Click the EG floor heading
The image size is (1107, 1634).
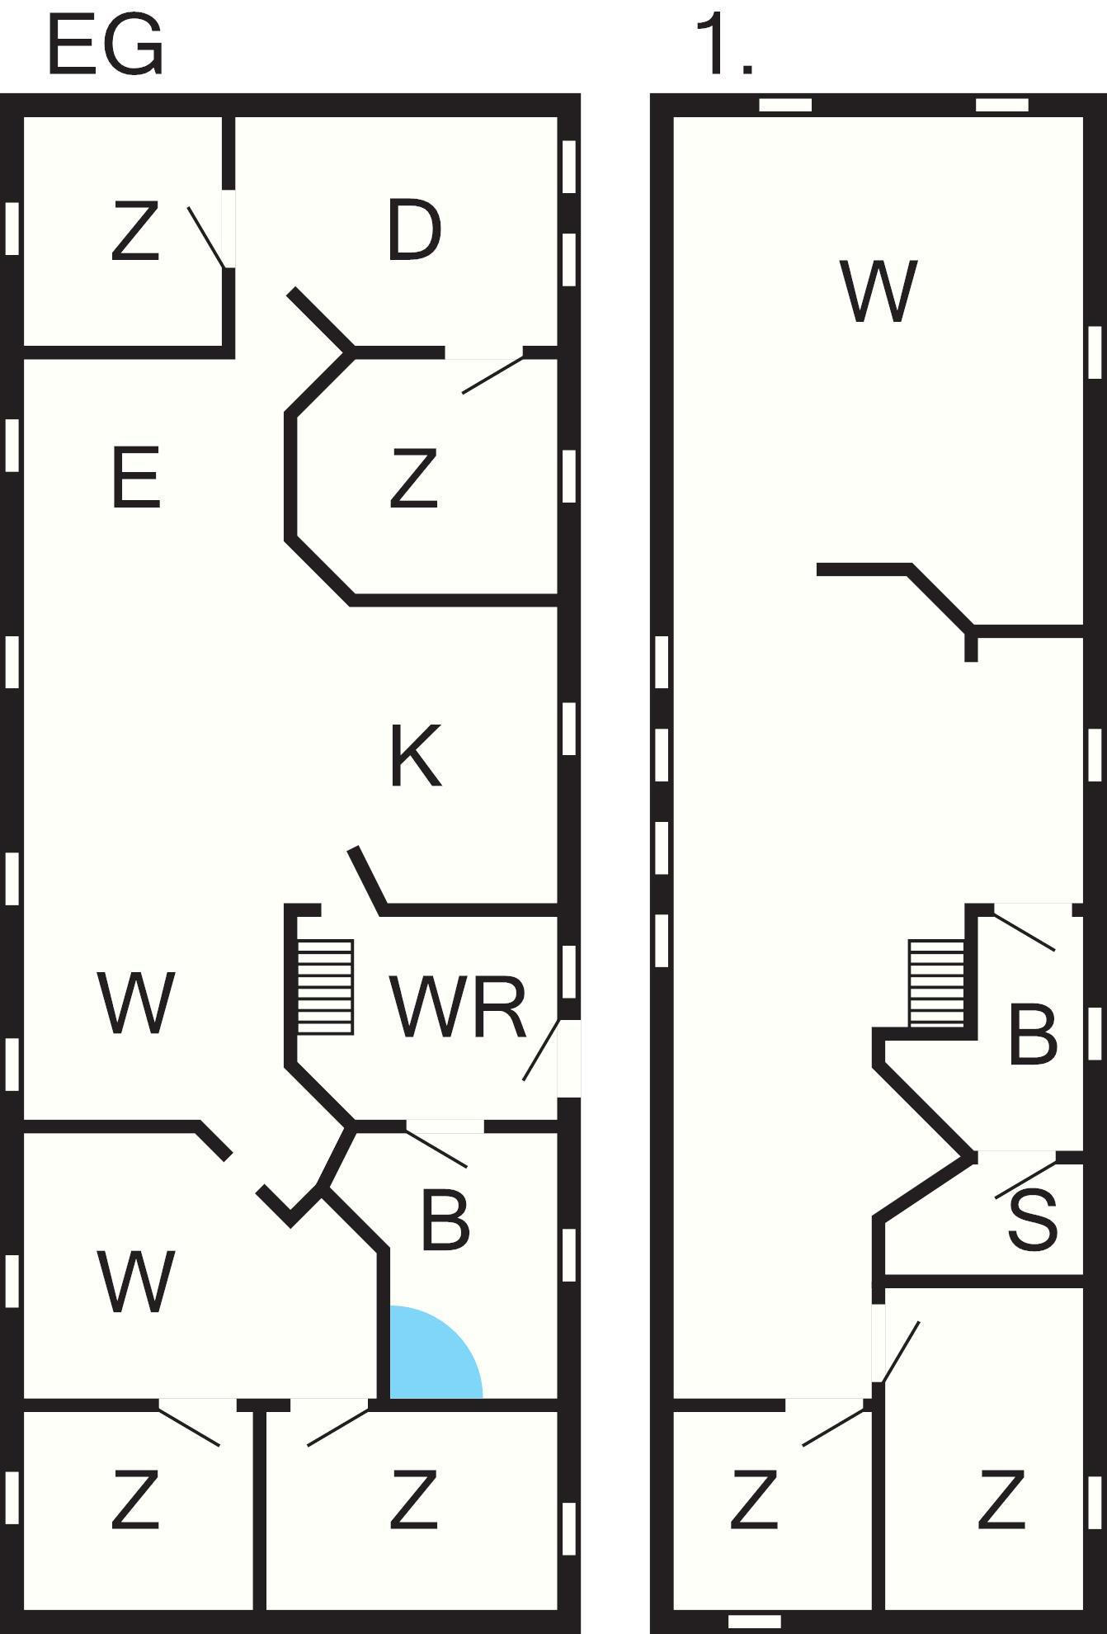point(106,46)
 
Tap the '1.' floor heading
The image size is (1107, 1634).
point(724,46)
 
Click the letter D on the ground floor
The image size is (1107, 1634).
point(414,231)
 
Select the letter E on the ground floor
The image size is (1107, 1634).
point(135,479)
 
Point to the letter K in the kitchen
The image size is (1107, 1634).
point(415,756)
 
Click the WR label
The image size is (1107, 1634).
point(458,1006)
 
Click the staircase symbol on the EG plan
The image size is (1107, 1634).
point(326,987)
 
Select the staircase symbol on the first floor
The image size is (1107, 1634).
point(936,984)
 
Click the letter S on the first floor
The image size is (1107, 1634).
point(1033,1221)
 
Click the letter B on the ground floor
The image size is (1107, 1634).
point(445,1220)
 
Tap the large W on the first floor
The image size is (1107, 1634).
point(879,291)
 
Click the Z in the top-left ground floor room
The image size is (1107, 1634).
point(135,233)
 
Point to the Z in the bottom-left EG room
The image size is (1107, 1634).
point(135,1499)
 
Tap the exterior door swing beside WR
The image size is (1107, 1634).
point(542,1050)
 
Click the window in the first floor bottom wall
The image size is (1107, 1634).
point(754,1622)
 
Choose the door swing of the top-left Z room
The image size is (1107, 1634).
point(206,238)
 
